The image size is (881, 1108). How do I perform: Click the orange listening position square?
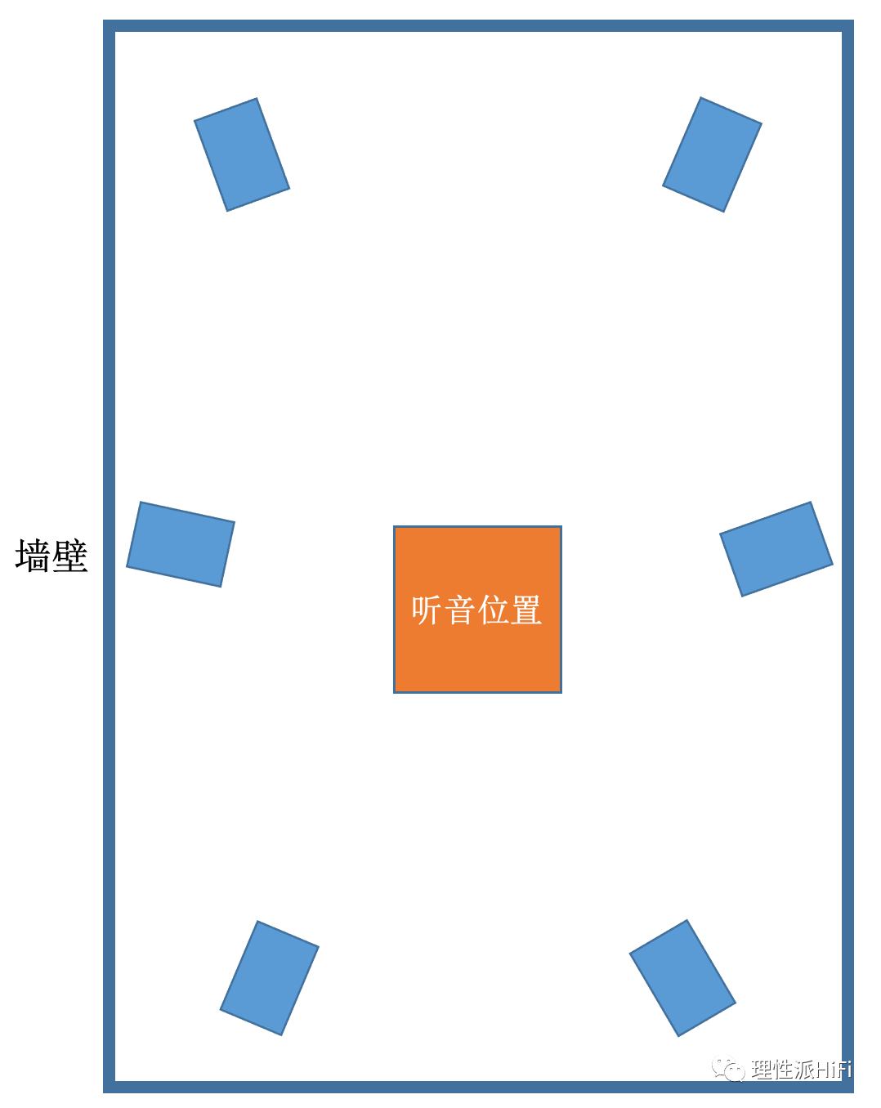[477, 654]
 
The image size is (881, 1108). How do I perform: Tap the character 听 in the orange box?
[427, 610]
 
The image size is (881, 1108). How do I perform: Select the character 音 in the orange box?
[460, 610]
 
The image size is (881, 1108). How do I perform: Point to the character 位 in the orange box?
[493, 610]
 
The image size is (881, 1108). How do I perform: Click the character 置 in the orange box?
[526, 610]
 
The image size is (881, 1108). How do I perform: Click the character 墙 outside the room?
[33, 556]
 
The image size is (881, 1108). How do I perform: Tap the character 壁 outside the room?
[70, 556]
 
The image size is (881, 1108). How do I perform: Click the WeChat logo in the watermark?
[727, 1069]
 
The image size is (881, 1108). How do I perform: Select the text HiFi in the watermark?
[833, 1069]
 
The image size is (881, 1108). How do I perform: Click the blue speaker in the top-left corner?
[242, 154]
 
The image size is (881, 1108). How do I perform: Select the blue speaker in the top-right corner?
[712, 154]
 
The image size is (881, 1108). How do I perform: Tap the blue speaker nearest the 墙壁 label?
[181, 544]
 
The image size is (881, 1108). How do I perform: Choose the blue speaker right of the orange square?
[776, 549]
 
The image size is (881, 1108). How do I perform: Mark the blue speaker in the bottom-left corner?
[270, 978]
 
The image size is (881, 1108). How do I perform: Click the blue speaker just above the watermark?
[682, 978]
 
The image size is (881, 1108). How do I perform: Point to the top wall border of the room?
[478, 26]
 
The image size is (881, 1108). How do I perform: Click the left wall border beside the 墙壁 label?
[109, 556]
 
